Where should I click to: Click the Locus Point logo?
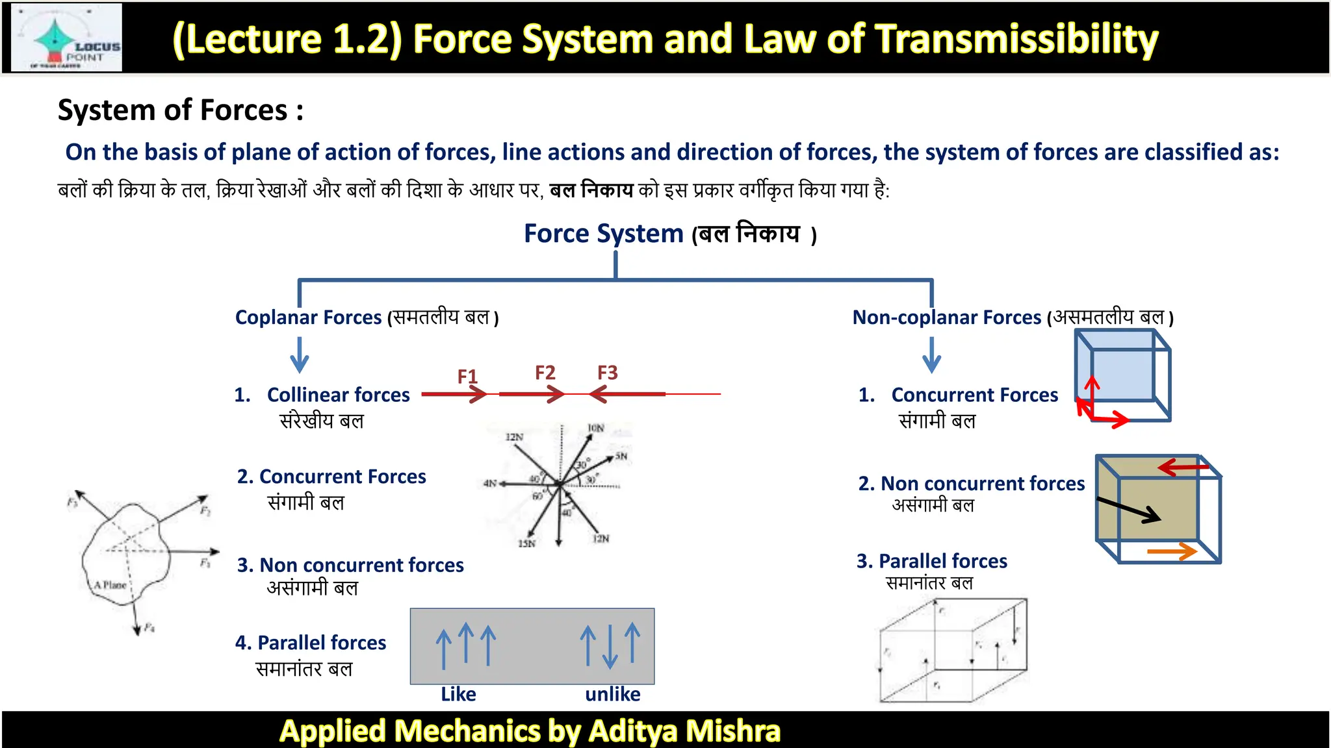(68, 38)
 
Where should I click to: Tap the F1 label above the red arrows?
(467, 377)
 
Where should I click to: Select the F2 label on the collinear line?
(545, 373)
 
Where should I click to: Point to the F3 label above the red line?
(608, 373)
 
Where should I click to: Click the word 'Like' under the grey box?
(458, 694)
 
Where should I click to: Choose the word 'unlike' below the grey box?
(612, 694)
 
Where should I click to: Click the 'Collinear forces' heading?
(338, 395)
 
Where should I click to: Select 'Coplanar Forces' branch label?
(308, 318)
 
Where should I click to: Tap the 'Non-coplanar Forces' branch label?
(946, 318)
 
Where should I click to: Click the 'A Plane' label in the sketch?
(110, 585)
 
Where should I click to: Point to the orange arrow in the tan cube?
(1172, 551)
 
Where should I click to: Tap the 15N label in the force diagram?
(526, 543)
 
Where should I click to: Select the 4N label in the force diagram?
(489, 483)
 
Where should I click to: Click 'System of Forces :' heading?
(180, 110)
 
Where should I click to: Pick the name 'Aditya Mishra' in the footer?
(684, 731)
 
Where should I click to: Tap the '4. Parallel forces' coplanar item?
(311, 643)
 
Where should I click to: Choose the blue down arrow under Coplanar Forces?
(300, 355)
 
